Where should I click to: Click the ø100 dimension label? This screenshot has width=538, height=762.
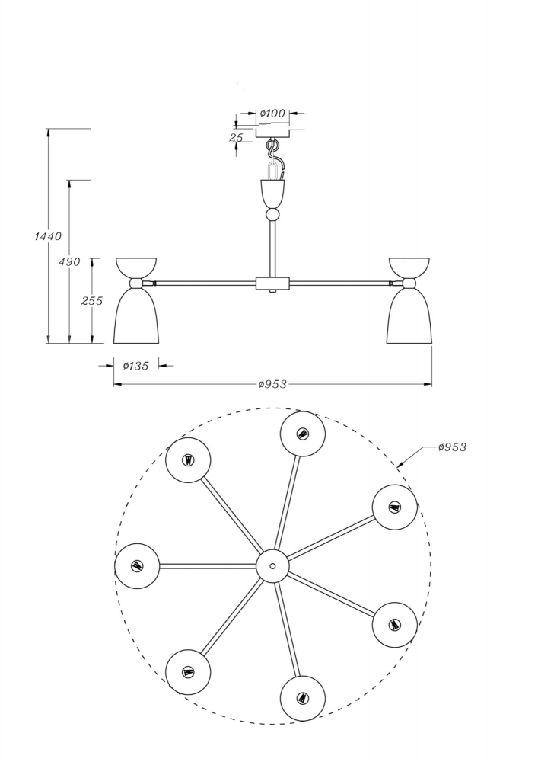[272, 114]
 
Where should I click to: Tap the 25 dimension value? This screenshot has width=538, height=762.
[236, 138]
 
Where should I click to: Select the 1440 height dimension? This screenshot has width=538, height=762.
[48, 236]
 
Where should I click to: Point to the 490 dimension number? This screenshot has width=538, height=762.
[69, 262]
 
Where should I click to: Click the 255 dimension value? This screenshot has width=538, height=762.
[92, 301]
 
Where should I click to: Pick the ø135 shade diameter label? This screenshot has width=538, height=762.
[135, 367]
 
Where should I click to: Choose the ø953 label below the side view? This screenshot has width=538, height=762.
[272, 385]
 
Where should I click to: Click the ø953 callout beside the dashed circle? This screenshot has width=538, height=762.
[452, 447]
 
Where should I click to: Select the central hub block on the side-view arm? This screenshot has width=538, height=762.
[272, 284]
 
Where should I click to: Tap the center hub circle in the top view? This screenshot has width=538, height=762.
[272, 566]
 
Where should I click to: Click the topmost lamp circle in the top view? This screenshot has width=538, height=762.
[303, 434]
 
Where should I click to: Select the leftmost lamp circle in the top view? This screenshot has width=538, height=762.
[137, 566]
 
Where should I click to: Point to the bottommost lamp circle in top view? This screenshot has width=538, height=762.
[303, 698]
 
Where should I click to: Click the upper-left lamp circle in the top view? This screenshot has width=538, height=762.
[188, 460]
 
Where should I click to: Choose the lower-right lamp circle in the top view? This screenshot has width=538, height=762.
[394, 625]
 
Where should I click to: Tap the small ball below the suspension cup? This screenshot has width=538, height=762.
[272, 216]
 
